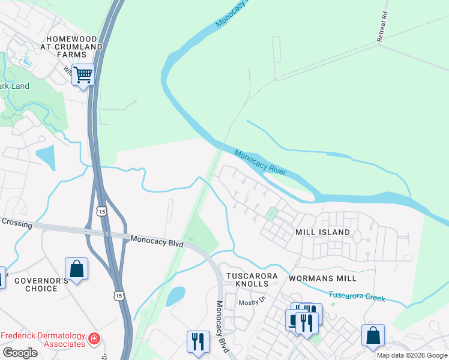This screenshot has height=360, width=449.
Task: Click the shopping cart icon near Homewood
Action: [83, 76]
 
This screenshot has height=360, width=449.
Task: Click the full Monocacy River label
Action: [260, 163]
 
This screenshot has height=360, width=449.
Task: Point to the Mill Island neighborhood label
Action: [322, 232]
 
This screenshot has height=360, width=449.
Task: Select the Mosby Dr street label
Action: [252, 302]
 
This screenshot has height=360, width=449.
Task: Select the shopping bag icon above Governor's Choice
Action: [76, 269]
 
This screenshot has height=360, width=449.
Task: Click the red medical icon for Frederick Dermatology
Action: [93, 340]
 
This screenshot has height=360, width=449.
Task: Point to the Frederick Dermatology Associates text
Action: [43, 340]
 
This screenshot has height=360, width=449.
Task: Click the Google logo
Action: [20, 353]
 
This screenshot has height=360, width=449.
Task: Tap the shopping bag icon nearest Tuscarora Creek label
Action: [373, 336]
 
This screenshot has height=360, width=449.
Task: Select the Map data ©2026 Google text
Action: [411, 355]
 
